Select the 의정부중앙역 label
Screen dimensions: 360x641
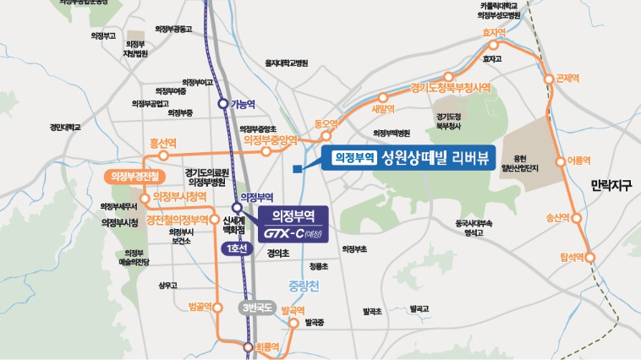click(x=270, y=140)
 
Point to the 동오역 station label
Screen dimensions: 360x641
click(x=326, y=123)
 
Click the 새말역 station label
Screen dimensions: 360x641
click(x=383, y=108)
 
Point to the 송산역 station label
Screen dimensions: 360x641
click(x=560, y=217)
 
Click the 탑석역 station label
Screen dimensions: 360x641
click(x=573, y=255)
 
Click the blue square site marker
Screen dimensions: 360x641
click(x=295, y=169)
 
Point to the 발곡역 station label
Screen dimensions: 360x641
click(x=292, y=311)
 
